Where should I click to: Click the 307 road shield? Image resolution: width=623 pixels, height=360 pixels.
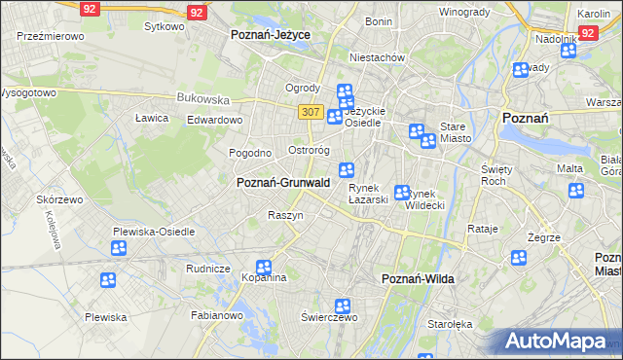311,112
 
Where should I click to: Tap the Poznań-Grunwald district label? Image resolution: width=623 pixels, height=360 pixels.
283,182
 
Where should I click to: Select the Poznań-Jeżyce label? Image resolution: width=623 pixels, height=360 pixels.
270,34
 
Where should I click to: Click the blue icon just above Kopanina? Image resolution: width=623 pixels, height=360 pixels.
264,268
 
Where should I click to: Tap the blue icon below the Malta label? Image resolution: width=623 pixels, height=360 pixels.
575,191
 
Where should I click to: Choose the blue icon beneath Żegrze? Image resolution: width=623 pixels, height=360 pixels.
519,258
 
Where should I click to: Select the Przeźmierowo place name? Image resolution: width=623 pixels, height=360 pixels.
50,35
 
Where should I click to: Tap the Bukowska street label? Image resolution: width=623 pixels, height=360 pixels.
202,98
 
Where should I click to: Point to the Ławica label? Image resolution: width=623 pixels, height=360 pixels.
152,118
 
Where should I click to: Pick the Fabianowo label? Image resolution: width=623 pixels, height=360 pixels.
217,315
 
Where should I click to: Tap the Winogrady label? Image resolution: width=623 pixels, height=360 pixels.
464,13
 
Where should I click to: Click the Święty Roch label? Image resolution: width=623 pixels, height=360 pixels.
496,175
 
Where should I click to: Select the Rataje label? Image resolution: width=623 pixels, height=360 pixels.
483,229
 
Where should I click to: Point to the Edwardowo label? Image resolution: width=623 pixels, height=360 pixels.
214,120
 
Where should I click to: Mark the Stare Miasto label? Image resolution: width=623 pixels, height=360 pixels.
456,132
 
